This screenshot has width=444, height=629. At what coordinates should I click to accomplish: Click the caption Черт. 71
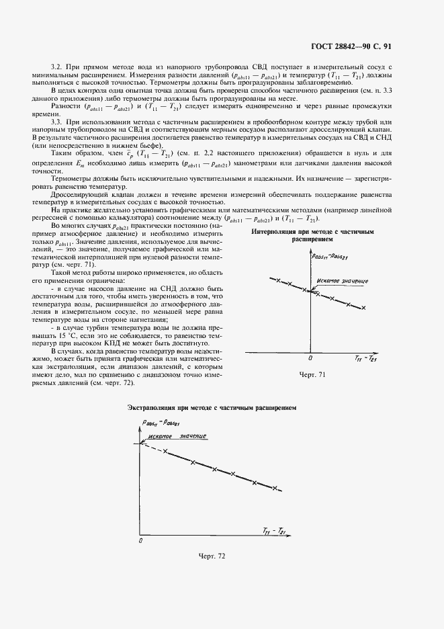(312, 374)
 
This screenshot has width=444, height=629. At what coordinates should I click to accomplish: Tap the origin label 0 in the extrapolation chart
(140, 539)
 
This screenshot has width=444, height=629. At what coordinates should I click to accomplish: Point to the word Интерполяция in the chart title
(275, 231)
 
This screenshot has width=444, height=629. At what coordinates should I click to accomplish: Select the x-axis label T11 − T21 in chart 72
(271, 530)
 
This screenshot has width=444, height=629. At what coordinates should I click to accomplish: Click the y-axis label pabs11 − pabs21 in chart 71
(329, 256)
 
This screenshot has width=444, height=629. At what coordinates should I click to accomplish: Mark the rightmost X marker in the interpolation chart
(363, 308)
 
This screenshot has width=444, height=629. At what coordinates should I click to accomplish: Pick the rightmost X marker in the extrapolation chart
(274, 487)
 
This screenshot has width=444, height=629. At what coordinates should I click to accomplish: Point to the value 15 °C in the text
(68, 334)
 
